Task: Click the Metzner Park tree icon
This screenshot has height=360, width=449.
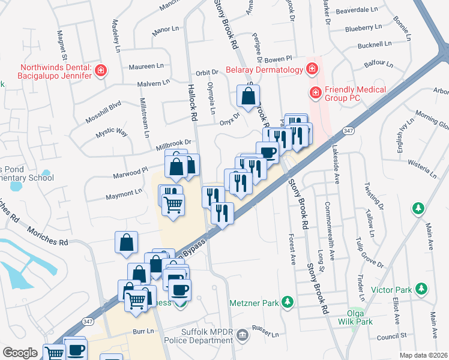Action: click(x=288, y=301)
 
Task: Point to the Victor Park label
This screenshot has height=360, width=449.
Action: click(x=391, y=290)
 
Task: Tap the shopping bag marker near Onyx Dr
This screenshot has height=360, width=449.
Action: click(x=248, y=96)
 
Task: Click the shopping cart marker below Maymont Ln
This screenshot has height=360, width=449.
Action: click(x=173, y=204)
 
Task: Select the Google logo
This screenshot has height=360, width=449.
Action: click(x=20, y=353)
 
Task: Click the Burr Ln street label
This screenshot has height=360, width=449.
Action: click(x=143, y=331)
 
